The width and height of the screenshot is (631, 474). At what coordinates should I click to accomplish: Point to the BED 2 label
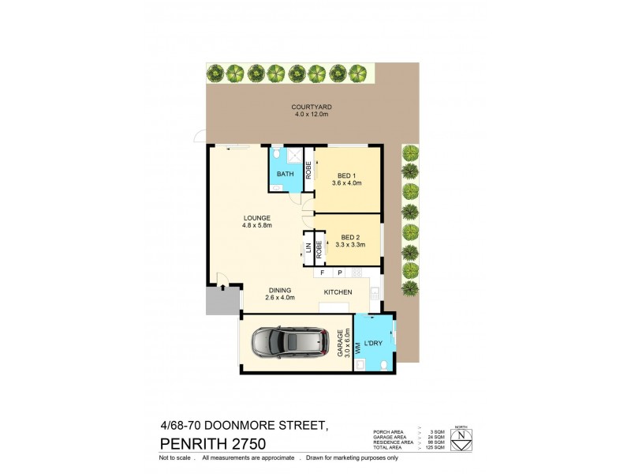pos(350,237)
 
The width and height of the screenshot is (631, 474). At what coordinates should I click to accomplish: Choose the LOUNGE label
pos(257,218)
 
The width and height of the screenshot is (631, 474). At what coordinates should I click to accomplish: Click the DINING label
pos(279,289)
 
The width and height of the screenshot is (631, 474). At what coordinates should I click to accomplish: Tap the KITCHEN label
pos(338,292)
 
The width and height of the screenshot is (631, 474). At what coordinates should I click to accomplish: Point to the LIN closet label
pos(308,251)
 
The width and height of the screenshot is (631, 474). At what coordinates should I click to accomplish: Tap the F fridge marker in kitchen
pos(322,273)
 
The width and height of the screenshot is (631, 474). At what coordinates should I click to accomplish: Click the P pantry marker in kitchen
pos(339,273)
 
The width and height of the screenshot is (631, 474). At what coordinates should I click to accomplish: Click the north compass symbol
pos(461,439)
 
